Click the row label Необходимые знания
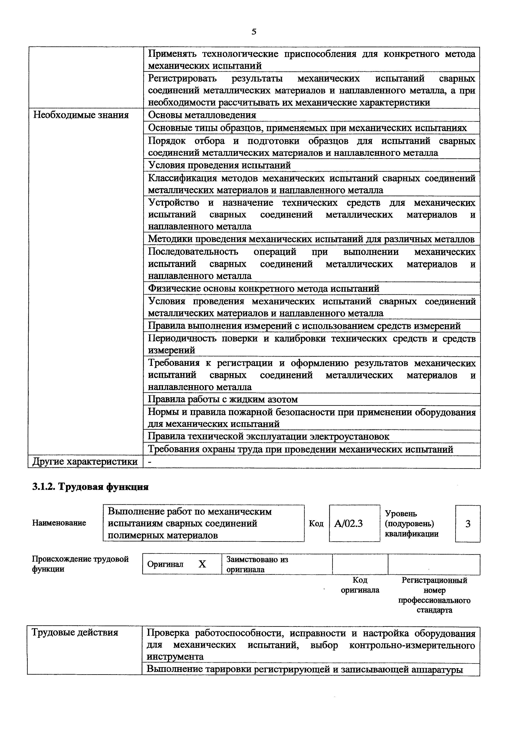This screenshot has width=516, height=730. [x=81, y=115]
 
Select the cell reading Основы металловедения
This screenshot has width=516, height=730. [x=202, y=115]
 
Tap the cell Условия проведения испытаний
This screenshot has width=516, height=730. [x=219, y=165]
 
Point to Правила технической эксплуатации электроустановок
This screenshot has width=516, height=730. [x=269, y=437]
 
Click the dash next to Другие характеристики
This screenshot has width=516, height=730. [x=150, y=462]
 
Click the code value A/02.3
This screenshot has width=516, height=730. [x=348, y=524]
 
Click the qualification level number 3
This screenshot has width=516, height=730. [x=468, y=524]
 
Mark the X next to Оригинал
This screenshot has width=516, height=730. [x=202, y=564]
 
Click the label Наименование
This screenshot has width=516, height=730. [x=59, y=523]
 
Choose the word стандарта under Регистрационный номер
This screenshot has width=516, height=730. [x=434, y=610]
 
